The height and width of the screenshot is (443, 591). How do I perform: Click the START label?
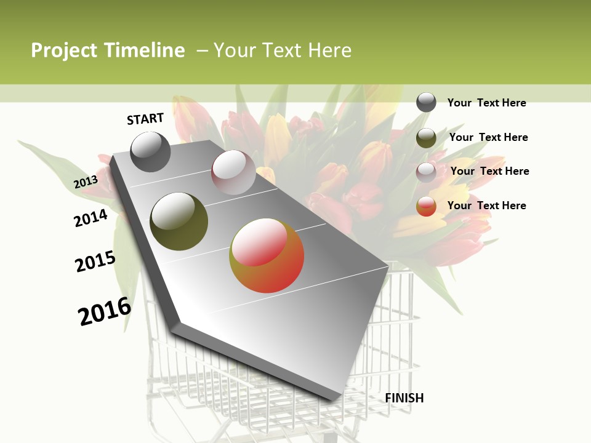(145, 119)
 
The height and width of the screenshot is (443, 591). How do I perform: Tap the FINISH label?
(404, 398)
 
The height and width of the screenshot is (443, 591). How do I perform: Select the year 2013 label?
(86, 182)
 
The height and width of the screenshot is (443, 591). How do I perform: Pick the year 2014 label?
(90, 218)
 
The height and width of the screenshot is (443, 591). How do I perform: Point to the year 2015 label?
(95, 261)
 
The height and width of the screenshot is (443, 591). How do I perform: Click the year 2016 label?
(105, 311)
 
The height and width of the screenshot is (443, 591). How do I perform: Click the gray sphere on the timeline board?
(150, 151)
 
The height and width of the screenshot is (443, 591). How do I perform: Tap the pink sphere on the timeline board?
(233, 172)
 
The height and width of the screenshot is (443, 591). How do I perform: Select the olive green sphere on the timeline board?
(179, 221)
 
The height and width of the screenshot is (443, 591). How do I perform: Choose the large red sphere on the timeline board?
(267, 256)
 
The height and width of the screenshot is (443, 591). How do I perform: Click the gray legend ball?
(426, 102)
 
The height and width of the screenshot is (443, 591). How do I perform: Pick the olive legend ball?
(426, 138)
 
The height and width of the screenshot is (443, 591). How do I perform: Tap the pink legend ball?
(426, 172)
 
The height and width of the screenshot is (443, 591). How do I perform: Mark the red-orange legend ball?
(426, 206)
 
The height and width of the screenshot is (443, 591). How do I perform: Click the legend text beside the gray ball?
(486, 103)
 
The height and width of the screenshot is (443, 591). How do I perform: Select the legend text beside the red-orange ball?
(486, 206)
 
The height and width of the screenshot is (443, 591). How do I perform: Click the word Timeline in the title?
(145, 50)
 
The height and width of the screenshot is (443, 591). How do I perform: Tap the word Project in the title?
(64, 50)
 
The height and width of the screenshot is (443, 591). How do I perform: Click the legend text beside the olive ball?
(488, 137)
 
